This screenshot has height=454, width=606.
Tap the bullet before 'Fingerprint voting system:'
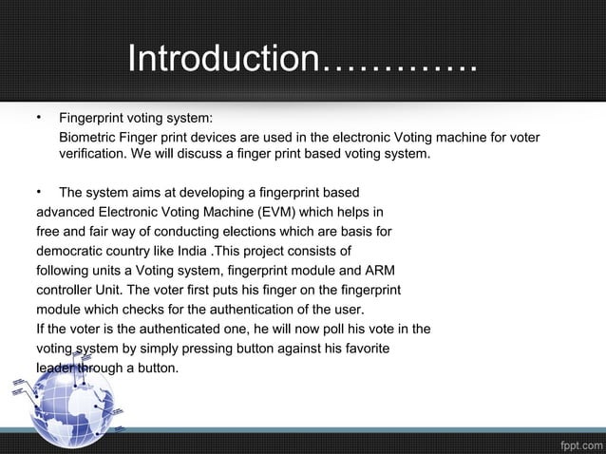pos(38,119)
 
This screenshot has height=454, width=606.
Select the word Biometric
pos(92,139)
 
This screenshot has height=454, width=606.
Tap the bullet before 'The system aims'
pos(38,192)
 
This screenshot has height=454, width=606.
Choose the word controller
pos(67,290)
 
